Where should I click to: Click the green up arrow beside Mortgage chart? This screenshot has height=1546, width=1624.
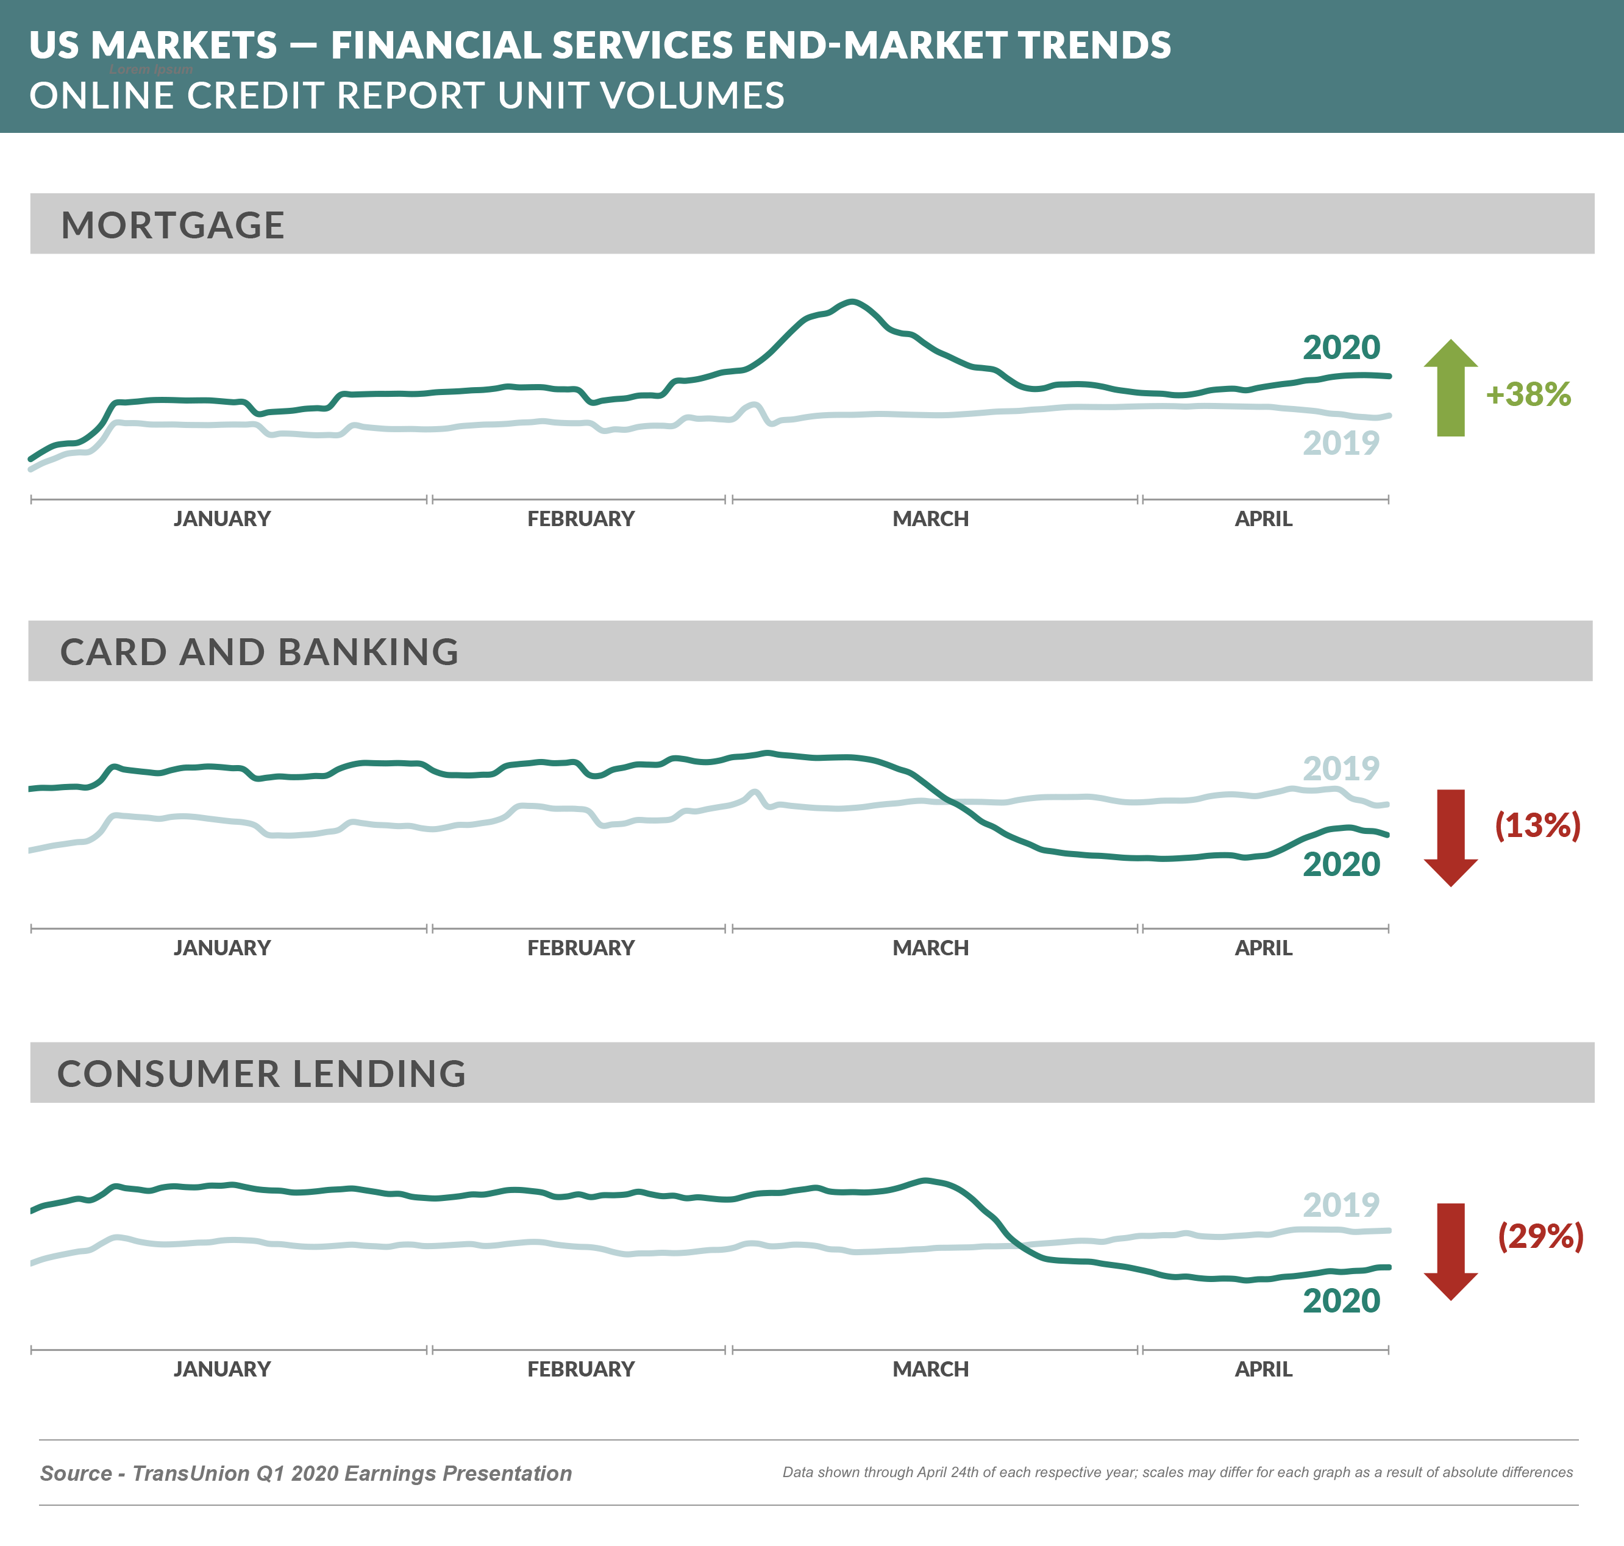1450,388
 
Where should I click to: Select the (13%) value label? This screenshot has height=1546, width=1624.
1537,825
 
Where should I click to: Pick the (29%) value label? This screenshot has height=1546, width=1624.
1540,1236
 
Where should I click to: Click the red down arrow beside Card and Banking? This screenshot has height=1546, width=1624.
1450,837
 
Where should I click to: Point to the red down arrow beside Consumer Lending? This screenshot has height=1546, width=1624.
1450,1251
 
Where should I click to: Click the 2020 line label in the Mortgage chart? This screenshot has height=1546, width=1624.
1341,347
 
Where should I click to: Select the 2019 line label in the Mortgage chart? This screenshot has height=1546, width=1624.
1341,443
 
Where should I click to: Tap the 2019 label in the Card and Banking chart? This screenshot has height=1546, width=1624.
1341,769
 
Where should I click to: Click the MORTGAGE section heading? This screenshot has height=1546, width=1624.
173,225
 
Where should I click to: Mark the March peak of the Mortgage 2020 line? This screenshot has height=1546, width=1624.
852,302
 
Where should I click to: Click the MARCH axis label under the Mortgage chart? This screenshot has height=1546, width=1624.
930,519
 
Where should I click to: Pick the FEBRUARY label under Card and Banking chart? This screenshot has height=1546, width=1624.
581,948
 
